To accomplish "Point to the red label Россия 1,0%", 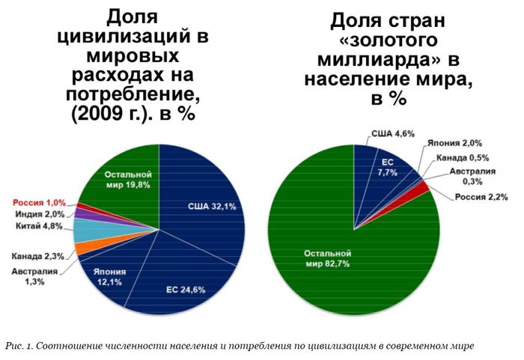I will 38,202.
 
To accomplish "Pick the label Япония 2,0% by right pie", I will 454,142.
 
